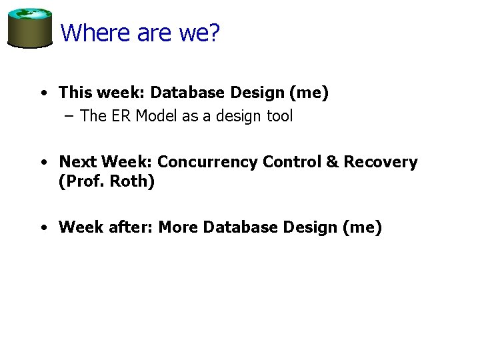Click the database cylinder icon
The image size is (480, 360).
[x=30, y=28]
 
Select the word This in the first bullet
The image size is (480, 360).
[x=74, y=93]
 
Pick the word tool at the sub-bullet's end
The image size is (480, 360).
[x=279, y=116]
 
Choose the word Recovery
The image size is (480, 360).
[x=381, y=162]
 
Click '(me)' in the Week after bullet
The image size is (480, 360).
[x=361, y=227]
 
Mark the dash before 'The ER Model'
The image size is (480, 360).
[x=70, y=116]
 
